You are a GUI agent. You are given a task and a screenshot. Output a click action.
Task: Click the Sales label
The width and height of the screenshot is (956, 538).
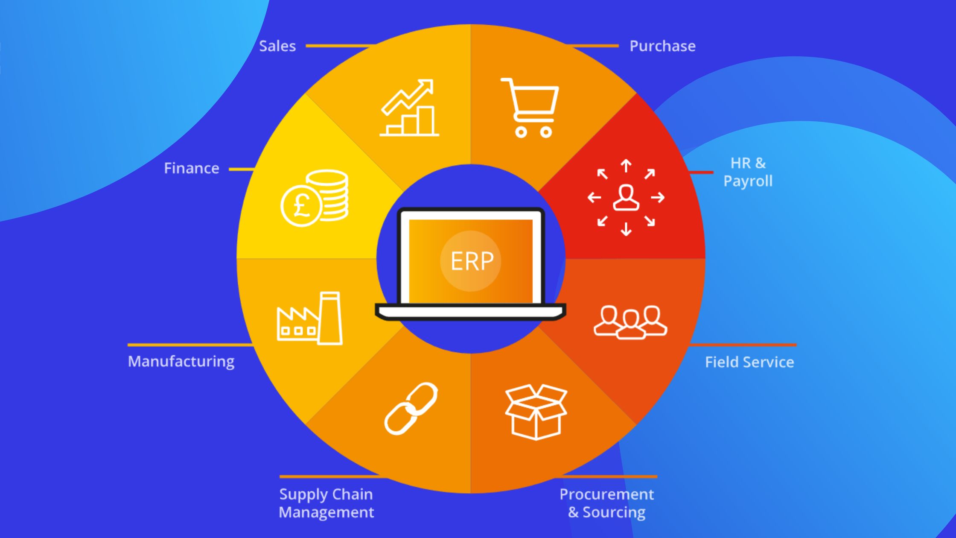(277, 46)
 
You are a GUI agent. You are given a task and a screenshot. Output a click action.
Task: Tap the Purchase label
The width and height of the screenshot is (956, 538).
(662, 46)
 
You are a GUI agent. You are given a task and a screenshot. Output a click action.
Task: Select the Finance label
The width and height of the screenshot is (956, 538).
(192, 168)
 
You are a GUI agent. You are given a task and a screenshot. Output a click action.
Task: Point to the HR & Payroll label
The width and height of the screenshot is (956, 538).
(748, 172)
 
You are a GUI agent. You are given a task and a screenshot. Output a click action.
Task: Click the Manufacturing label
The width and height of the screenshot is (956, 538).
(181, 362)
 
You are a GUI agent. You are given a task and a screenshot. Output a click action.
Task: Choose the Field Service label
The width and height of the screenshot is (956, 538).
(749, 363)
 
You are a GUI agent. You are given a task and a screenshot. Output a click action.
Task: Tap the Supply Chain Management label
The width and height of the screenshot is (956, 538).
(326, 503)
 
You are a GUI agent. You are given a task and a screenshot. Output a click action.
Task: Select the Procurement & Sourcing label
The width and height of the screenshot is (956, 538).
(606, 503)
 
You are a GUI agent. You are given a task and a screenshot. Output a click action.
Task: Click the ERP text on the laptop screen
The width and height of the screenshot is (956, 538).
(472, 261)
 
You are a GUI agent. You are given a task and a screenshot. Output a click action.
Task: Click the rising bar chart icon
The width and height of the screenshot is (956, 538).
(409, 108)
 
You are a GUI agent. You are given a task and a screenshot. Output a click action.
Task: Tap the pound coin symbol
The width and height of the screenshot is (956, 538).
(301, 206)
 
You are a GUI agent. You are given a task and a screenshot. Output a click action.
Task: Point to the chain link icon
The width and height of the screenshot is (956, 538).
(411, 409)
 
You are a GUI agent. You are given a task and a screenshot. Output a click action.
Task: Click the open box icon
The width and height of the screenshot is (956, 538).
(536, 412)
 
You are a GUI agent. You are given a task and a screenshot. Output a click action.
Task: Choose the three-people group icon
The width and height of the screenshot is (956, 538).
(630, 322)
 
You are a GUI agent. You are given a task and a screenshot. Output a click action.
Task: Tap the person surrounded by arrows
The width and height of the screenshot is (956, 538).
(626, 198)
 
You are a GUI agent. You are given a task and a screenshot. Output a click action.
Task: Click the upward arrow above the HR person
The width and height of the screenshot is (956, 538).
(626, 165)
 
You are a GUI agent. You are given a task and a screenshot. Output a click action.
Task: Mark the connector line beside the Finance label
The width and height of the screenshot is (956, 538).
(242, 170)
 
